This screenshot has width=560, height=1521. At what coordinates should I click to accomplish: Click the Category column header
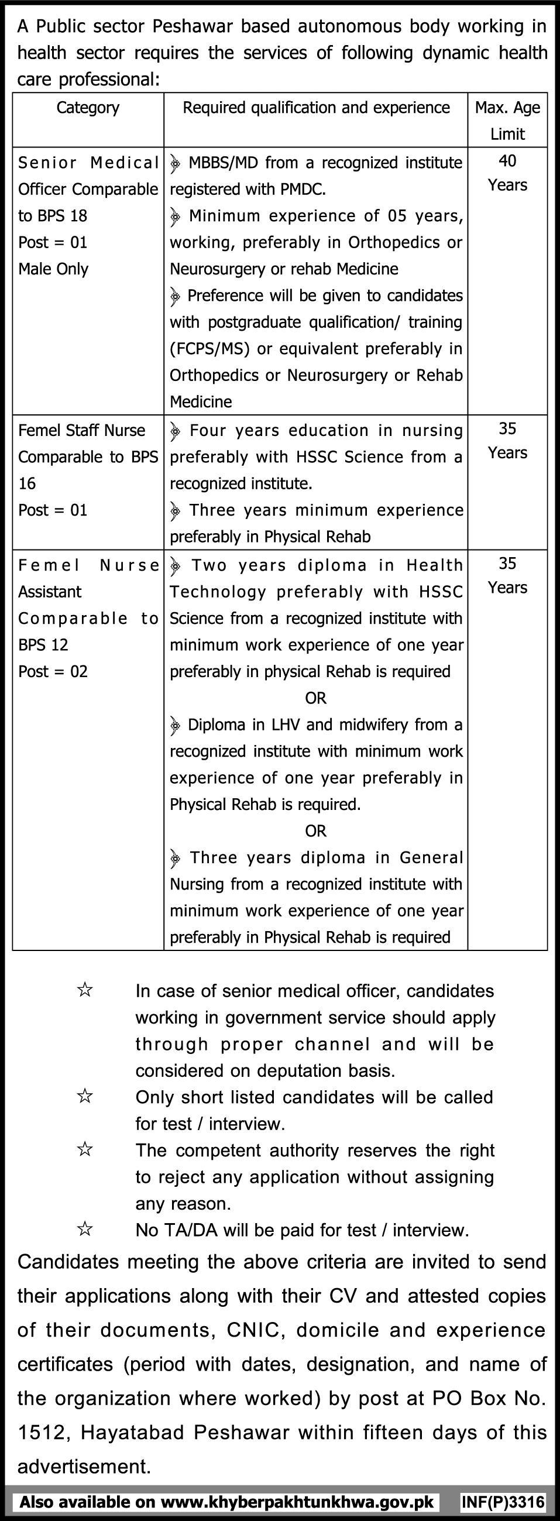point(88,108)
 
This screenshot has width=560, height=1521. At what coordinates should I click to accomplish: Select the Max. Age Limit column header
point(507,121)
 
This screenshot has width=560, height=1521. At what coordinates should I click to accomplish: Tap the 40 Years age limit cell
point(507,173)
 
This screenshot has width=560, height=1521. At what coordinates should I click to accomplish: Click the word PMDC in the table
point(300,189)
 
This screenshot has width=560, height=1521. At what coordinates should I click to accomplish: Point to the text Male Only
point(53,269)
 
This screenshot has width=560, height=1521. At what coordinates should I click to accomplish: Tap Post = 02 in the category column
point(53,671)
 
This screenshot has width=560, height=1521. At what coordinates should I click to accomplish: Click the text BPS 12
point(43,645)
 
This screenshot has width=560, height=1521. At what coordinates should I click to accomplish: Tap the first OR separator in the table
point(316,698)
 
